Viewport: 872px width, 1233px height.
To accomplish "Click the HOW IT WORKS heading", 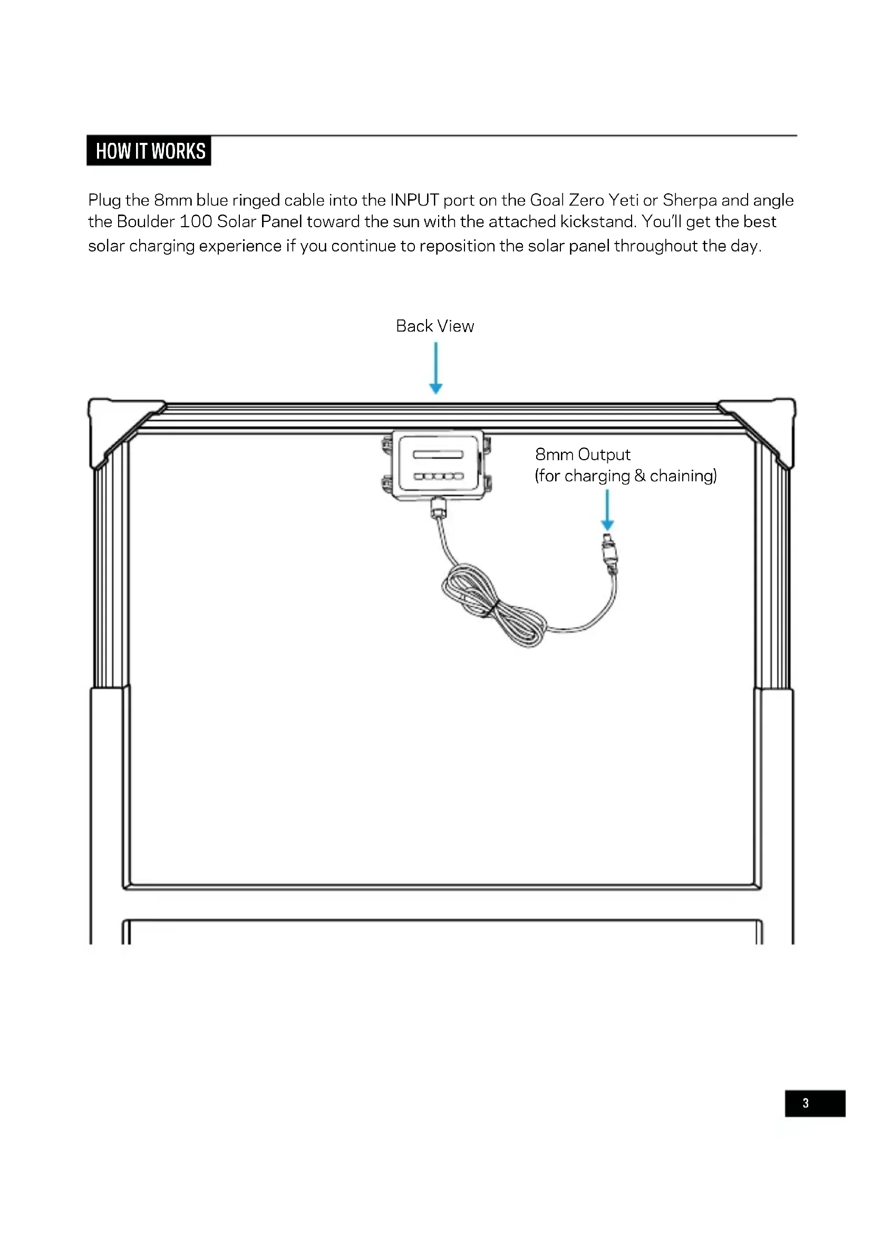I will pos(149,151).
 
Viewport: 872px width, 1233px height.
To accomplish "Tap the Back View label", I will pos(434,326).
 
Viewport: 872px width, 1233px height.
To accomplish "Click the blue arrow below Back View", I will pos(435,368).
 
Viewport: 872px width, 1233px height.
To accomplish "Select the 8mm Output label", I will pos(582,454).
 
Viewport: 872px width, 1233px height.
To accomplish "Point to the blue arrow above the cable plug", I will pos(607,510).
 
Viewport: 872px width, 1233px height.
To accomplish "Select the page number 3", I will pos(805,1103).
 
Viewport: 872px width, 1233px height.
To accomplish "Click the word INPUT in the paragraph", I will pos(414,200).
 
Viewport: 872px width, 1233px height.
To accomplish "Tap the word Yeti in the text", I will pos(623,200).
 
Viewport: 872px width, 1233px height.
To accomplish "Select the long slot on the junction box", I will pos(438,454).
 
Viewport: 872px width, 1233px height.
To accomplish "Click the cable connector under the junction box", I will pos(439,507).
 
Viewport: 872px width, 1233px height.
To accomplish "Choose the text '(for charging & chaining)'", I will pos(625,476).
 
